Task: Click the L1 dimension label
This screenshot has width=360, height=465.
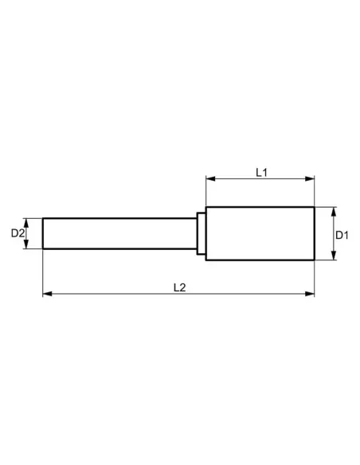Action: [261, 171]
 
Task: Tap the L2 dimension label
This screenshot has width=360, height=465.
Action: [179, 287]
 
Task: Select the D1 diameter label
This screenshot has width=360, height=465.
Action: [340, 234]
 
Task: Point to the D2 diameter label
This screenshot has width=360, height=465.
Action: [17, 233]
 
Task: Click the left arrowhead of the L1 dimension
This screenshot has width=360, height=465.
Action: [209, 179]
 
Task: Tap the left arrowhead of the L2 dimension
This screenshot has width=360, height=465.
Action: [46, 295]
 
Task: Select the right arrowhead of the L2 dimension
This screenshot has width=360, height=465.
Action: [311, 295]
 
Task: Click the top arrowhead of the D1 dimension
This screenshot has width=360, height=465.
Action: [332, 210]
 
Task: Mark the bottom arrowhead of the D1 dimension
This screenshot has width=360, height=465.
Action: [332, 256]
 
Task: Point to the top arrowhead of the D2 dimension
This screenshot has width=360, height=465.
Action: [28, 221]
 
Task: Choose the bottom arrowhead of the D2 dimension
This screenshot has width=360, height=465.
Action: [28, 245]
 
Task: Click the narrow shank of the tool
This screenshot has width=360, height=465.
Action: [119, 233]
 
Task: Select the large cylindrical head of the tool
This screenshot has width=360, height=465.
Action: [260, 233]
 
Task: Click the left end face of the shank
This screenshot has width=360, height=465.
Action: [43, 233]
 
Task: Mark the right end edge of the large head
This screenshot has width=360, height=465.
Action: [315, 233]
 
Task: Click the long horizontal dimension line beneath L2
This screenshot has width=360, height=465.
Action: [119, 295]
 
